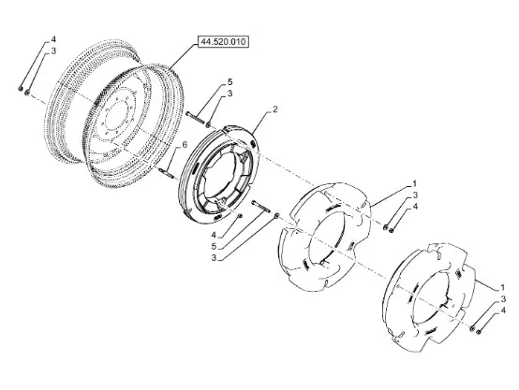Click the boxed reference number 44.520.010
[x=223, y=42]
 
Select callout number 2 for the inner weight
[x=275, y=109]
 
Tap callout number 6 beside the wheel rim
[x=185, y=144]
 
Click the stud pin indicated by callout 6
[x=166, y=172]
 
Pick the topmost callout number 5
[x=230, y=81]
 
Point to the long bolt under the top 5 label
[x=194, y=118]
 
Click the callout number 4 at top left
[x=53, y=39]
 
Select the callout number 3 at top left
[x=53, y=51]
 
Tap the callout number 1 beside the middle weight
[x=414, y=183]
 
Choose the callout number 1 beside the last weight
[x=502, y=287]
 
